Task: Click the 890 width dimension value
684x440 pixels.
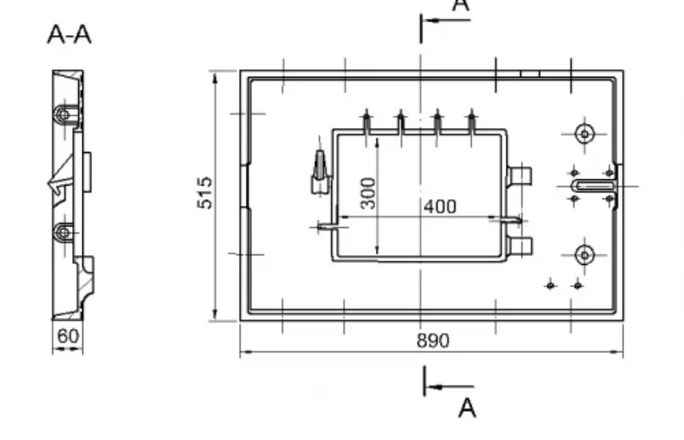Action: coord(433,341)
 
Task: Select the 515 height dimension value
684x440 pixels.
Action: coord(205,192)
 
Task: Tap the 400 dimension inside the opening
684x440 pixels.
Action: coord(440,206)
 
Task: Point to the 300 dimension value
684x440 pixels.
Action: coord(369,193)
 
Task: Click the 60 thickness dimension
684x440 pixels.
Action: coord(68,336)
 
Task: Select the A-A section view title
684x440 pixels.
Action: coord(70,34)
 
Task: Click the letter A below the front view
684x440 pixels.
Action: coord(467,408)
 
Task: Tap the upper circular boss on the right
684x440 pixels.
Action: coord(585,134)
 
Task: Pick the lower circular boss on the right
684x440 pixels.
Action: coord(585,254)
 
